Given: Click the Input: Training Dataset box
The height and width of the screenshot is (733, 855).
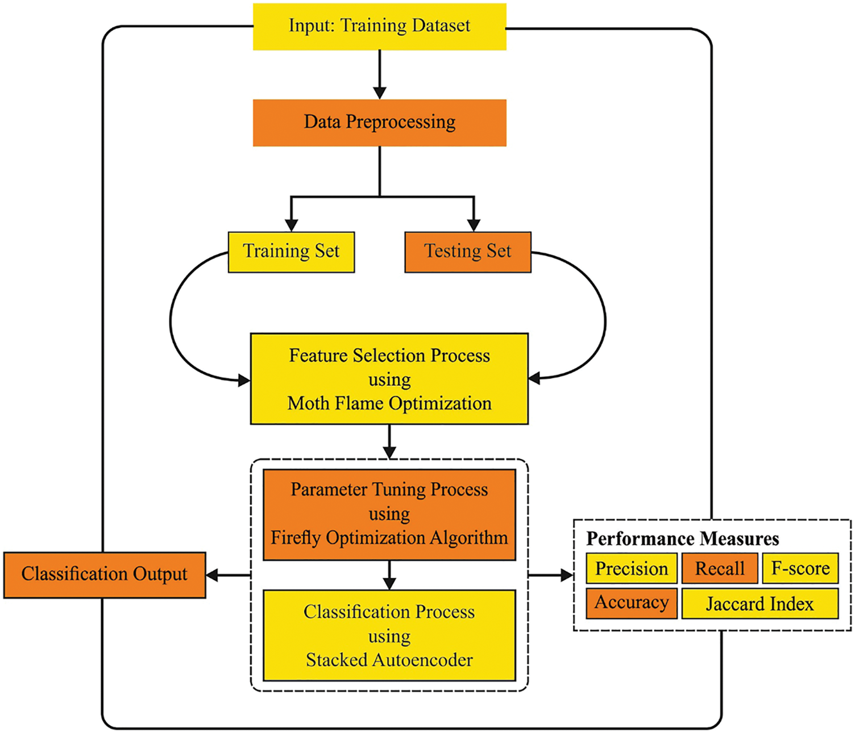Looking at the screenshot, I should tap(379, 26).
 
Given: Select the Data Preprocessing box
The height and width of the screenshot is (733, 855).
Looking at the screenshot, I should tap(379, 122).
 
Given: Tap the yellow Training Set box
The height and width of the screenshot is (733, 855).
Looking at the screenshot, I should tap(291, 252).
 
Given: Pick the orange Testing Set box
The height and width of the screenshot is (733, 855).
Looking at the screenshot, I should tap(467, 252).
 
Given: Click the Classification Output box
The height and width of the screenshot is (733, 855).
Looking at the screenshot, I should tap(105, 574).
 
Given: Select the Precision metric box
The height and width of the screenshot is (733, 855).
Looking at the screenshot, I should tap(631, 568).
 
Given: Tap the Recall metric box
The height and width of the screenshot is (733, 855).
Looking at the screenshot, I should tap(720, 568).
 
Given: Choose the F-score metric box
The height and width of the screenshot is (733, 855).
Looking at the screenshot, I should tap(800, 568).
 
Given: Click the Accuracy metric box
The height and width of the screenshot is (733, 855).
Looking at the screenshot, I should tap(631, 603).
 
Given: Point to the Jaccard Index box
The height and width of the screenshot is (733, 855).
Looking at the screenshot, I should tap(759, 603).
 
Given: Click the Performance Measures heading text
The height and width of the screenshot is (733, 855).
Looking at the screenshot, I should tap(682, 538).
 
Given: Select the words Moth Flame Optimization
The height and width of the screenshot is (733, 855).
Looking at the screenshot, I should tap(389, 403).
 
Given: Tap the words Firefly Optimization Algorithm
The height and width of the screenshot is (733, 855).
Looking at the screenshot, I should tap(389, 538).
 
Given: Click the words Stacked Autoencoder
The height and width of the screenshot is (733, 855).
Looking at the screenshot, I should tap(389, 660).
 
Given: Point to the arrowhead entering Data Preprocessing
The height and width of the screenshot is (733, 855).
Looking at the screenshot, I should tap(380, 93).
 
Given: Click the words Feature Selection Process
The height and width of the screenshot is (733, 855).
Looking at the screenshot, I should tap(389, 356).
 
